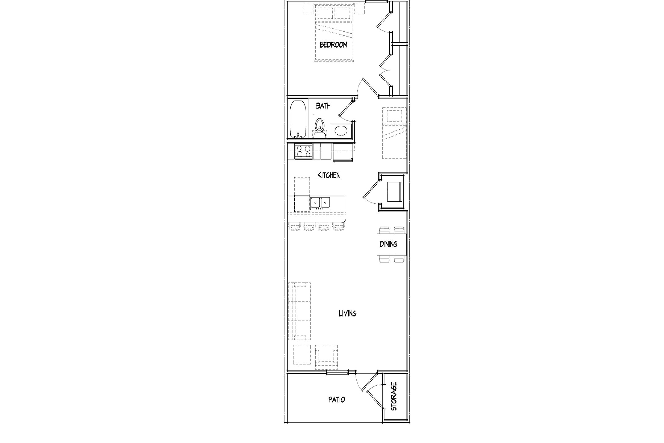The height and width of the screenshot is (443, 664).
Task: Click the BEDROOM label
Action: tap(333, 45)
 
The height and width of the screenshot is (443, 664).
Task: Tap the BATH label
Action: tap(323, 106)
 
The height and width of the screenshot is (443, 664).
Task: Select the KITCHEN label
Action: tap(328, 175)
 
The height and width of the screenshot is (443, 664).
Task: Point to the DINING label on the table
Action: tap(388, 244)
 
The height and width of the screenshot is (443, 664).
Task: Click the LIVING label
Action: tap(347, 313)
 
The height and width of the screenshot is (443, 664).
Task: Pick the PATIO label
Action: tap(336, 400)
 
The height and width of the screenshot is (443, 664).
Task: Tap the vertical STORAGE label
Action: tap(394, 397)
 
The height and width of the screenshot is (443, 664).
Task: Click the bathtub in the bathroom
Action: tap(298, 119)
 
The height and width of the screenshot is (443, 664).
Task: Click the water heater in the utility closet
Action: tap(394, 191)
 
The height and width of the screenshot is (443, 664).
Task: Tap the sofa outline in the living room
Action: tap(299, 311)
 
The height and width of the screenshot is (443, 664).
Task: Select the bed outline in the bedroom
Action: tap(333, 34)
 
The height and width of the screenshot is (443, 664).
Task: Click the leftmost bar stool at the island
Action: tap(294, 227)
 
